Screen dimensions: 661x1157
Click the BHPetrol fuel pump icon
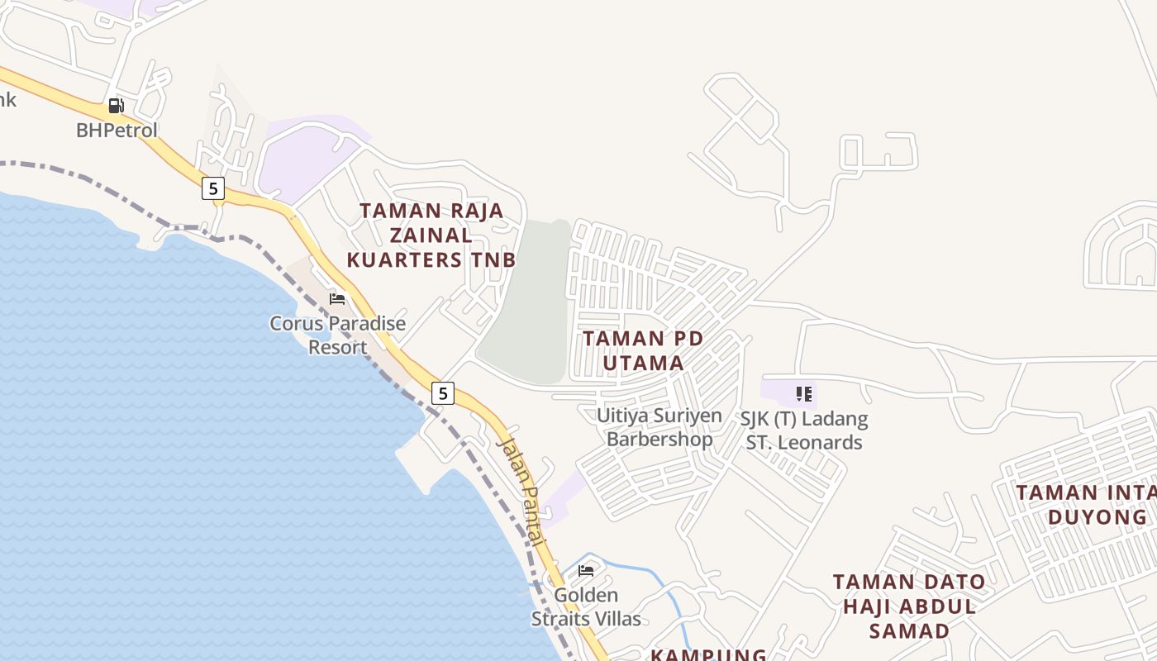click(116, 106)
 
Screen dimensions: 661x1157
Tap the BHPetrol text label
click(117, 131)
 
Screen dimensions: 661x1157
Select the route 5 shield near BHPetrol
click(213, 188)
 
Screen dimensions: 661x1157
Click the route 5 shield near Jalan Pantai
click(443, 393)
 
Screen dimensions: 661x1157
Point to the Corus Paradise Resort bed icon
click(337, 298)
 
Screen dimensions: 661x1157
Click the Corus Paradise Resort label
click(337, 335)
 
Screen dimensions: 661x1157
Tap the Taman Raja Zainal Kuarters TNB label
click(431, 235)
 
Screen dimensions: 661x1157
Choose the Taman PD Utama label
click(643, 350)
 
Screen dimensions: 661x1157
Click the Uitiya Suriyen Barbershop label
click(659, 427)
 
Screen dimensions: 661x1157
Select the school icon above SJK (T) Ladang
click(804, 394)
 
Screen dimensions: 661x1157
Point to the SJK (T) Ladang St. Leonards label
click(804, 430)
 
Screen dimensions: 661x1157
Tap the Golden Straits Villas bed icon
click(586, 570)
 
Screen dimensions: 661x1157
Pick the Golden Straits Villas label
click(586, 607)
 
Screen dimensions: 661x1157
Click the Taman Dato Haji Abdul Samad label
click(909, 606)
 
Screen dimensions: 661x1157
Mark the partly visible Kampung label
click(708, 654)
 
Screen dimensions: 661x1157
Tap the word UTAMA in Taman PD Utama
click(643, 363)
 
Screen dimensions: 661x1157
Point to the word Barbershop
click(659, 439)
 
